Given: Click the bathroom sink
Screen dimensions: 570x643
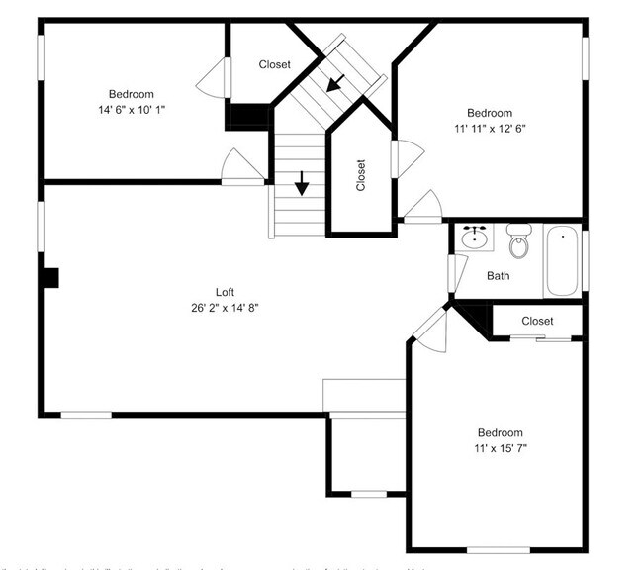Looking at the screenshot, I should (477, 237).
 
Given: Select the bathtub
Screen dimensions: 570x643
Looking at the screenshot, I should (563, 261).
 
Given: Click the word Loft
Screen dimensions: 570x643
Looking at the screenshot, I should (226, 291).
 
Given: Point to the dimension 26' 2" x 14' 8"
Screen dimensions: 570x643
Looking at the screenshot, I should (226, 307).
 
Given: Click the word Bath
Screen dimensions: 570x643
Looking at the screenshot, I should (499, 275).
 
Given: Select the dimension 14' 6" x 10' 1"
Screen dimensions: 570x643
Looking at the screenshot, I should (131, 109).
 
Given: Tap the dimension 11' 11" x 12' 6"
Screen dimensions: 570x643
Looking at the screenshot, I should (490, 128).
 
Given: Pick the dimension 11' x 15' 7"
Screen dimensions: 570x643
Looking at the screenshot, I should (501, 448).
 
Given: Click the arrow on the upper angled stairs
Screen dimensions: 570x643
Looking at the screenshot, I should (337, 83).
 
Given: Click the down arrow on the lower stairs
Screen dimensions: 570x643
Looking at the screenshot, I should (302, 184).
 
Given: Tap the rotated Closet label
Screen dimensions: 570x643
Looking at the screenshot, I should (360, 176).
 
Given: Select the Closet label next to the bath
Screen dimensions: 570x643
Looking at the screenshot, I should (537, 321).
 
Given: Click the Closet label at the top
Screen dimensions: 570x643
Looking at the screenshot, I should (275, 64).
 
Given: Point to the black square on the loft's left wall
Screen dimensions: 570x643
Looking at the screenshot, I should (49, 278).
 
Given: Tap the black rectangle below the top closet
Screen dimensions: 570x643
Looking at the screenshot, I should (247, 116).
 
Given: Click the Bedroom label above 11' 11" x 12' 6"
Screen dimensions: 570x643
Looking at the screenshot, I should (490, 113).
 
